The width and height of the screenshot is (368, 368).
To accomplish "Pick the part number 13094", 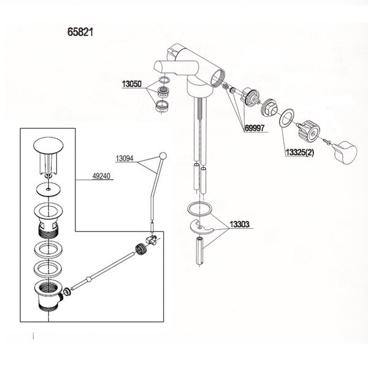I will pos(125,158).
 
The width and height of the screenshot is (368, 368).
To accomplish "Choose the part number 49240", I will pos(102,175).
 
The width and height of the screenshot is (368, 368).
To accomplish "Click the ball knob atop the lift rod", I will pos(163,155).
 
